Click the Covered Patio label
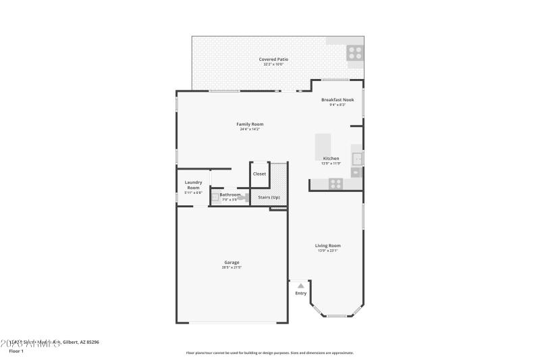273,59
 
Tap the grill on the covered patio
355,53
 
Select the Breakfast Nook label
337,100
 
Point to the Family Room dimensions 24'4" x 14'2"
250,129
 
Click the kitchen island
323,145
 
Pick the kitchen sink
356,159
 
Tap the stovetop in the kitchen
335,183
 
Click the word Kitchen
331,158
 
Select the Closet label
259,174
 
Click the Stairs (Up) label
269,197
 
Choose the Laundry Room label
194,184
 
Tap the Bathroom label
230,195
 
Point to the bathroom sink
215,197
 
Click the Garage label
232,262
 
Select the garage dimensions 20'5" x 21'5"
232,267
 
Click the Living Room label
327,245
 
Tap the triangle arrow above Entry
300,286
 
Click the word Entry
300,293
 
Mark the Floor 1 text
16,351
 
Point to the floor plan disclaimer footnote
269,353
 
